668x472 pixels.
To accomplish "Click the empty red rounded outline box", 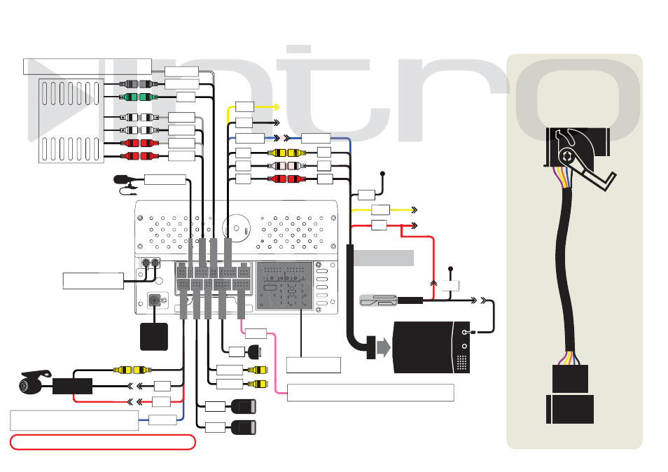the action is click(103, 442).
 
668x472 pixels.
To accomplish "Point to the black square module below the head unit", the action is click(154, 337).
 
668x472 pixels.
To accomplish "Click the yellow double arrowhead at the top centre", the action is click(276, 106).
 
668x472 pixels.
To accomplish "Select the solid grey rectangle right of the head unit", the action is click(384, 258).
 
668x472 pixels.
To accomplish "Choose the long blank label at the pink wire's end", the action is click(370, 393).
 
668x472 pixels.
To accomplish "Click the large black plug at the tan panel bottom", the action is click(570, 409).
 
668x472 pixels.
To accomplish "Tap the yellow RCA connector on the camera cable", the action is click(133, 370).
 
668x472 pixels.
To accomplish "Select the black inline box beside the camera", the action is click(72, 386).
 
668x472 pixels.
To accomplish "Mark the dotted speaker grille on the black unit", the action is click(462, 363).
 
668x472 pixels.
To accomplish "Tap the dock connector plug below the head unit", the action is click(255, 352).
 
